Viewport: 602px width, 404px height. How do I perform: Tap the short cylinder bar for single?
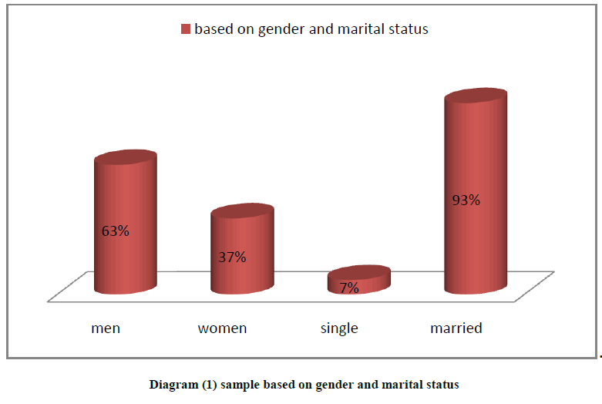359,281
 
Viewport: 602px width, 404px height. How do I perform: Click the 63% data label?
116,230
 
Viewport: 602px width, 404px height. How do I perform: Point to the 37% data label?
232,257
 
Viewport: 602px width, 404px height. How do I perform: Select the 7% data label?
349,288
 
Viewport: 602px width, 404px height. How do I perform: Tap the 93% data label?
466,200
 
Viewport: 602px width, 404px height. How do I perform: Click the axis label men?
106,328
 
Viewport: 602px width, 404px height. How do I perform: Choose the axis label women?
222,328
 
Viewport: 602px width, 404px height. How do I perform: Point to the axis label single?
339,328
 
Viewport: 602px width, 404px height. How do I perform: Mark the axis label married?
456,328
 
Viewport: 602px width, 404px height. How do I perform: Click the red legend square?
185,29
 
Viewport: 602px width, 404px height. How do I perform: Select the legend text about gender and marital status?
311,29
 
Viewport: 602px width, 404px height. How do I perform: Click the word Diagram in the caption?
173,384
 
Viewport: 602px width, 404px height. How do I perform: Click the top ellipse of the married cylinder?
476,96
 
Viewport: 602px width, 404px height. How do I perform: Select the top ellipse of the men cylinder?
126,157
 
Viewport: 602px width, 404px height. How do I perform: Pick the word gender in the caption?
333,384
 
